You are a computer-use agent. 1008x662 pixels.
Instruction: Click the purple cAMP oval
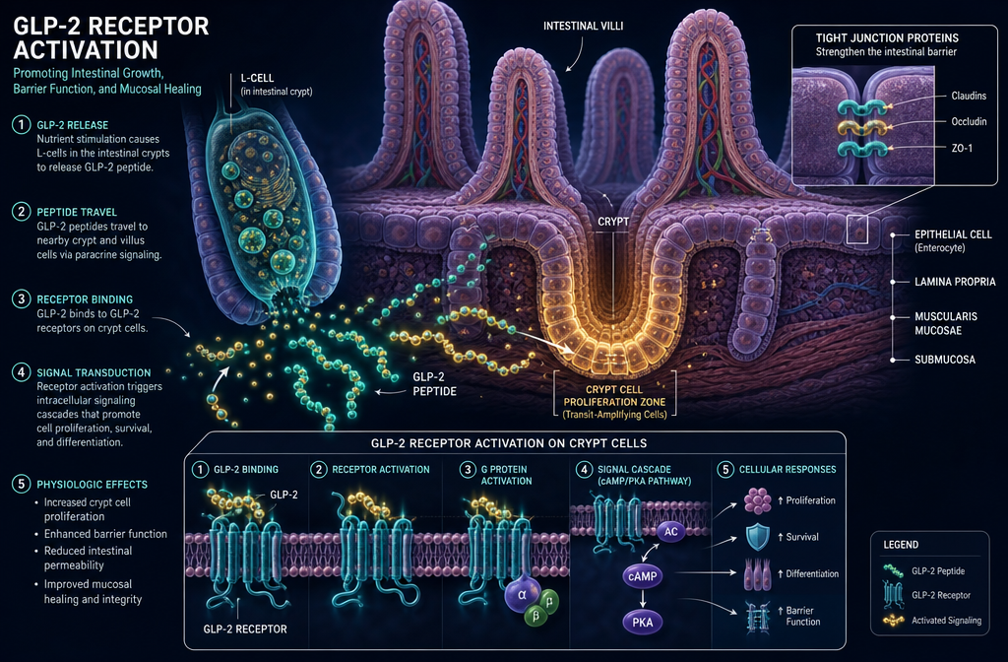pyautogui.click(x=642, y=576)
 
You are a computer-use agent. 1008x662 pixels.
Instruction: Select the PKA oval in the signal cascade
pyautogui.click(x=642, y=623)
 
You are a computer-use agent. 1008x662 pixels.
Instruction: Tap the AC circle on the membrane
pyautogui.click(x=671, y=531)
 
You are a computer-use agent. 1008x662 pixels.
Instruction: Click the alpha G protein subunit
pyautogui.click(x=522, y=595)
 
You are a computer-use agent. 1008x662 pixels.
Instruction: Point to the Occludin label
pyautogui.click(x=969, y=121)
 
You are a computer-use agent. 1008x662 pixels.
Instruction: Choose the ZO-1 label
pyautogui.click(x=962, y=148)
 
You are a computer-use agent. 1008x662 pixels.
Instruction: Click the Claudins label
pyautogui.click(x=969, y=96)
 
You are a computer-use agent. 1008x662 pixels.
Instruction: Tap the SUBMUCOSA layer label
pyautogui.click(x=945, y=360)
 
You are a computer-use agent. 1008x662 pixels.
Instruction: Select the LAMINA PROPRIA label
pyautogui.click(x=955, y=282)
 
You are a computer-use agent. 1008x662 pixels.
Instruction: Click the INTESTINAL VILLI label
pyautogui.click(x=583, y=27)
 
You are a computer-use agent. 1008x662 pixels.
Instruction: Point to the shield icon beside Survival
pyautogui.click(x=758, y=537)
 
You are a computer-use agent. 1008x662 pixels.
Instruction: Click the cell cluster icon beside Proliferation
pyautogui.click(x=758, y=500)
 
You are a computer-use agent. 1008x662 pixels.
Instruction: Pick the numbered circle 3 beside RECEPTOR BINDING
pyautogui.click(x=22, y=299)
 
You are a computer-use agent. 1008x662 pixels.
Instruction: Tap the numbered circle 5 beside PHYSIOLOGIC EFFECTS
pyautogui.click(x=22, y=484)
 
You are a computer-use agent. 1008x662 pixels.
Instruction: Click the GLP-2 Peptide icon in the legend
pyautogui.click(x=892, y=570)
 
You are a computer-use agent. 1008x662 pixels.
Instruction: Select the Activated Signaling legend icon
pyautogui.click(x=892, y=621)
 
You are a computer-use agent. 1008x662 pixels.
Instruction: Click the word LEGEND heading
pyautogui.click(x=901, y=545)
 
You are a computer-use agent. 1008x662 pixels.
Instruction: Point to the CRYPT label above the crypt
pyautogui.click(x=613, y=222)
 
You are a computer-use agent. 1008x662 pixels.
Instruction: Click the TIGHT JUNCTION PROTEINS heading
pyautogui.click(x=887, y=38)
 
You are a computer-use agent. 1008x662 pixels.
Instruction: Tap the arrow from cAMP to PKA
pyautogui.click(x=642, y=599)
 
